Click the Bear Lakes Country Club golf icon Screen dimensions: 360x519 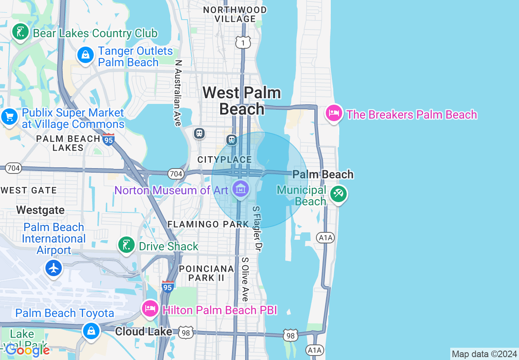20,32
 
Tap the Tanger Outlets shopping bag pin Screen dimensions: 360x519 85,56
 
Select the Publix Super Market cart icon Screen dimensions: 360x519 9,117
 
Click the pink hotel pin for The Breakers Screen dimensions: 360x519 334,113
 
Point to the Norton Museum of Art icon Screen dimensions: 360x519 240,189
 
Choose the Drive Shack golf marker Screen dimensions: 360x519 126,245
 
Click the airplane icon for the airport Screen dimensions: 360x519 54,268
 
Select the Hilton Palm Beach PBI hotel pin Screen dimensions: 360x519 150,309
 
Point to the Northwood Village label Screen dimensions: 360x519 235,14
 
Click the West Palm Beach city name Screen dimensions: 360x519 242,101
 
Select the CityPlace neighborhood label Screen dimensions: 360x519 225,160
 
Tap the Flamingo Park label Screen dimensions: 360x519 208,224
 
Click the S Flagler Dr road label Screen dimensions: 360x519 257,228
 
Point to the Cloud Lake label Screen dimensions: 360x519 144,331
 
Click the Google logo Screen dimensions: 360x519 27,350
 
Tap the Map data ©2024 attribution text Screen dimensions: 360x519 484,354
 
